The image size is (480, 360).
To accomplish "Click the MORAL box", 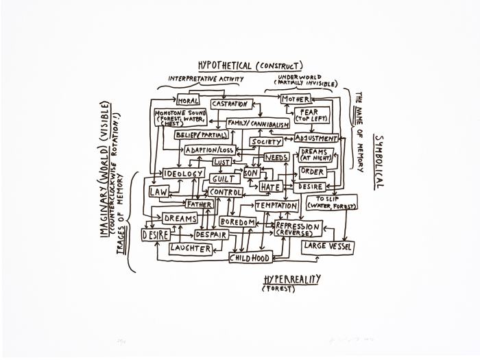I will (187, 101).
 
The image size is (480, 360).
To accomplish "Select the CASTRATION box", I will (229, 104).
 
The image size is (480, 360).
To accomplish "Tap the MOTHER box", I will (296, 100).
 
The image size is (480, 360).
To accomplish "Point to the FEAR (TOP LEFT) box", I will (312, 115).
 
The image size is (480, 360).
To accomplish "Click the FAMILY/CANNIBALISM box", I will (258, 124).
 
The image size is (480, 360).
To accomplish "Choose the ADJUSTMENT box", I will (315, 138).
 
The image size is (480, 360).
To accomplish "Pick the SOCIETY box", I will (266, 142).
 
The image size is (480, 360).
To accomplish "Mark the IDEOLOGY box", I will (183, 174).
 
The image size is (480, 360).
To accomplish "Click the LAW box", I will (158, 192).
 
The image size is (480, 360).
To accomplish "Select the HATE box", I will (270, 187).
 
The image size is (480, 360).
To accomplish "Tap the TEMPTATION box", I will (276, 206).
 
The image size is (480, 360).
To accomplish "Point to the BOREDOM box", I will (237, 222).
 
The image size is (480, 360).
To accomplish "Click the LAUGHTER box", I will (191, 249).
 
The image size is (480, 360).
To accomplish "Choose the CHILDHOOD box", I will (250, 258).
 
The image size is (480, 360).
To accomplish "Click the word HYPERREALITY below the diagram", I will (291, 279).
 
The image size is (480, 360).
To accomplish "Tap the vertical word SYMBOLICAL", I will (379, 161).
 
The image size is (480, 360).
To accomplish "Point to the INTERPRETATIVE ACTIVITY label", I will (206, 79).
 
